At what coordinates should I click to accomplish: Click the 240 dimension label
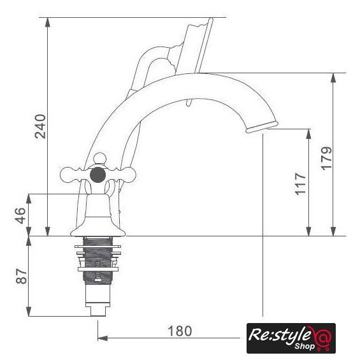(40, 126)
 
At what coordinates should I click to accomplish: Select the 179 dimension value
(326, 158)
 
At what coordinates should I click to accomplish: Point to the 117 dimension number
(301, 184)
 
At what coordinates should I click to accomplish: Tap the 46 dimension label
(20, 215)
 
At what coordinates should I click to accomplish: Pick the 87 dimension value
(22, 276)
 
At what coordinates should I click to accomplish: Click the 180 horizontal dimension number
(180, 331)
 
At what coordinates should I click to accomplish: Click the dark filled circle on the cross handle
(98, 175)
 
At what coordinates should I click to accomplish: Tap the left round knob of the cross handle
(68, 175)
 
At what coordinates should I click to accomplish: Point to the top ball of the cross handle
(100, 158)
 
